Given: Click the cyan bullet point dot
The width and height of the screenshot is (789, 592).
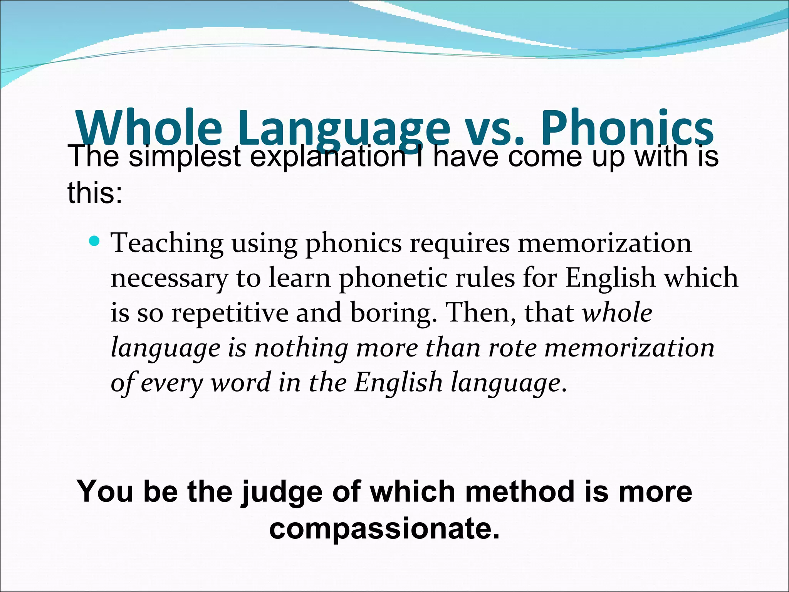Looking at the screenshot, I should point(94,242).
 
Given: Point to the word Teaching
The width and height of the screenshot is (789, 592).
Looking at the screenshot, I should point(167,244).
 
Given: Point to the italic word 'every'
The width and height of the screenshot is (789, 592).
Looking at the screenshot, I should point(171,383).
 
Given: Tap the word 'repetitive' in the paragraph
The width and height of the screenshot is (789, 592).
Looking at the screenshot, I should point(230,313).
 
